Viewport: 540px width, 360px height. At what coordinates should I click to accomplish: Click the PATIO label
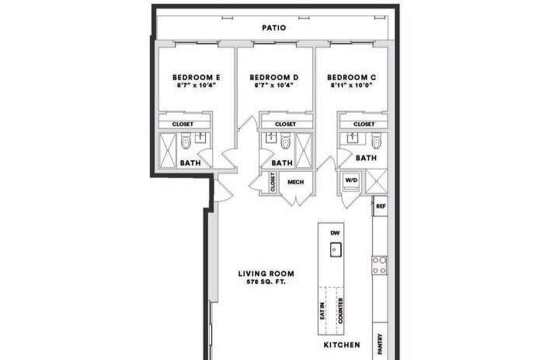click(273, 28)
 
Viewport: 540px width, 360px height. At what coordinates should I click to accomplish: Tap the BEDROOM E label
click(196, 77)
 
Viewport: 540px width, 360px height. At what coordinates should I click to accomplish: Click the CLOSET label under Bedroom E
click(184, 124)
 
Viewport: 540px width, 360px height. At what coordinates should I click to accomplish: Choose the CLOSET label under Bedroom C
click(364, 124)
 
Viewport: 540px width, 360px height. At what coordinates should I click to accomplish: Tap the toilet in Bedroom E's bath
click(186, 143)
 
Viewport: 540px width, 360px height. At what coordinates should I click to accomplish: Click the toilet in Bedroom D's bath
click(286, 143)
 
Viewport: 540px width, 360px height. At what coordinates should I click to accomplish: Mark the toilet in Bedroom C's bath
click(376, 142)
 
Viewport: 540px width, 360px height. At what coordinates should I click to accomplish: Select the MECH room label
click(295, 182)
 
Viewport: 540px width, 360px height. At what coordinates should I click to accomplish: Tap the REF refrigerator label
click(381, 207)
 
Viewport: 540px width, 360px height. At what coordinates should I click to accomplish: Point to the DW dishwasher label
click(336, 232)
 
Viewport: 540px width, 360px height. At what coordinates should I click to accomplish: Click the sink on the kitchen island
click(336, 250)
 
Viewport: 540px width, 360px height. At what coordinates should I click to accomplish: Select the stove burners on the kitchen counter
click(380, 265)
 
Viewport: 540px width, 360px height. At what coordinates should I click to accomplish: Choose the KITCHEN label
click(341, 344)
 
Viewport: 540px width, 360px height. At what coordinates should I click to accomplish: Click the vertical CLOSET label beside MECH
click(273, 182)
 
